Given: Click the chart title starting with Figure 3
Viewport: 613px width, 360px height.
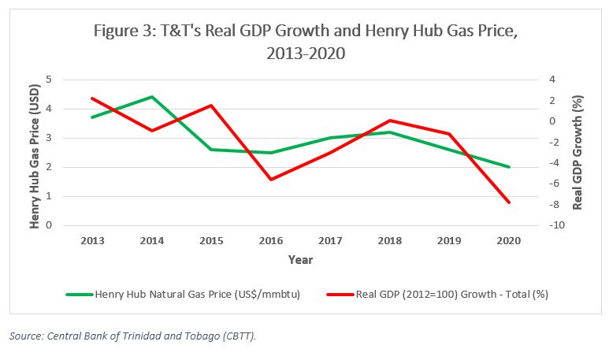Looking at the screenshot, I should tap(306, 43).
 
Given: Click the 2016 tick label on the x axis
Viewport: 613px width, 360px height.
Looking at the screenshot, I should tap(271, 240).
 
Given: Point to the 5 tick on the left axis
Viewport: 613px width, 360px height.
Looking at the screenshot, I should tap(50, 80).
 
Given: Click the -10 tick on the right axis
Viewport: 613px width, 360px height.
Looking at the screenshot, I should tap(556, 225).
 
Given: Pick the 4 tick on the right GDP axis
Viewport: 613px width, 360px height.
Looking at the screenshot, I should tap(553, 80).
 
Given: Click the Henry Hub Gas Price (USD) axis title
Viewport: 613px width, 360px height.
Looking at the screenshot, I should tap(35, 152).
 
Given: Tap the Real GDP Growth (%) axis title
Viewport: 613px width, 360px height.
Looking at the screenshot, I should tap(578, 152).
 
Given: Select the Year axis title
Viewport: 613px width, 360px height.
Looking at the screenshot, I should tap(300, 258).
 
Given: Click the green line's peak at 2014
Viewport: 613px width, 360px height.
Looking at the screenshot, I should tap(151, 97).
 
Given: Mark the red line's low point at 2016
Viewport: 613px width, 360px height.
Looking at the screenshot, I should tap(271, 180).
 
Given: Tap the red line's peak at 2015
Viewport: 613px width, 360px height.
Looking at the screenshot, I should tap(211, 106).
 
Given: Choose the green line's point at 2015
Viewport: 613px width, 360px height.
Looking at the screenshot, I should tap(211, 150).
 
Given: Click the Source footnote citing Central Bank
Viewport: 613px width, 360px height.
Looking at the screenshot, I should tap(132, 336).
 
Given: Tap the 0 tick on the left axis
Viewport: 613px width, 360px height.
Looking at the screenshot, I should tap(50, 225).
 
